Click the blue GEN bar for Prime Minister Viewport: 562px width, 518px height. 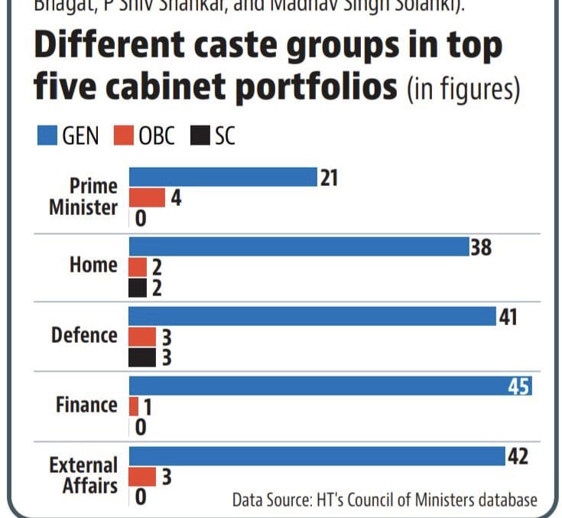click(x=222, y=177)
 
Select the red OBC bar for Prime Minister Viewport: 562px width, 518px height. click(x=147, y=198)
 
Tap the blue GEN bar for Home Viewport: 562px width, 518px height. click(x=298, y=246)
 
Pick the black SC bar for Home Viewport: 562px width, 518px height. click(x=138, y=288)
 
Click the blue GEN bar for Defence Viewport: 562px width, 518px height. click(x=312, y=316)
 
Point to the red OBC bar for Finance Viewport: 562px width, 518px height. click(x=134, y=406)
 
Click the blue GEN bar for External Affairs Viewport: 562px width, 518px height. click(x=316, y=456)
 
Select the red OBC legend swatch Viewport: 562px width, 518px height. click(x=126, y=136)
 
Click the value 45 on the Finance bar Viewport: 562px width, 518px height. click(x=519, y=386)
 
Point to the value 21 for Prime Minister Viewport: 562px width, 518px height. click(x=330, y=178)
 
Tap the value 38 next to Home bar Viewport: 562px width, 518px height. click(x=481, y=247)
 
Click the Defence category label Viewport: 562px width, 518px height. click(x=84, y=335)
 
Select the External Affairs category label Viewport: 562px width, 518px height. click(x=83, y=475)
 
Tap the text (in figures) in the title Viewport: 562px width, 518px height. click(x=463, y=90)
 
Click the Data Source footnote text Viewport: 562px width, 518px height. click(x=385, y=500)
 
